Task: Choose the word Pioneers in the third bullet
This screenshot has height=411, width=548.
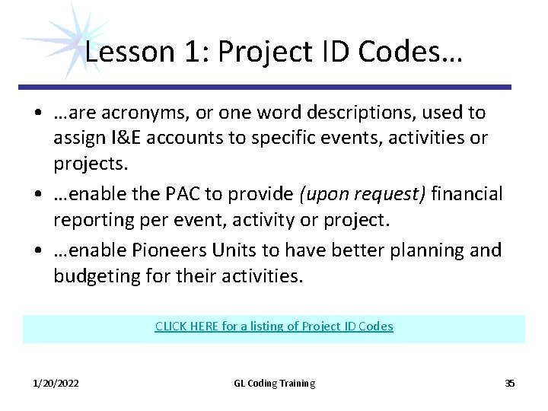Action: [193, 250]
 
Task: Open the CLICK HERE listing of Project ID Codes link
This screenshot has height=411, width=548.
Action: [274, 327]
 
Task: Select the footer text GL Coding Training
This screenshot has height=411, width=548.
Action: [274, 384]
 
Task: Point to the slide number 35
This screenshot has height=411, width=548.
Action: [510, 384]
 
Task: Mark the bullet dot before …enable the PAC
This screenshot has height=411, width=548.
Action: [37, 195]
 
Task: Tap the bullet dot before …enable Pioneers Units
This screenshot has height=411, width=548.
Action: [37, 250]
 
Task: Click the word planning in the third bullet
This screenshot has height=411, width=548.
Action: [429, 250]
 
